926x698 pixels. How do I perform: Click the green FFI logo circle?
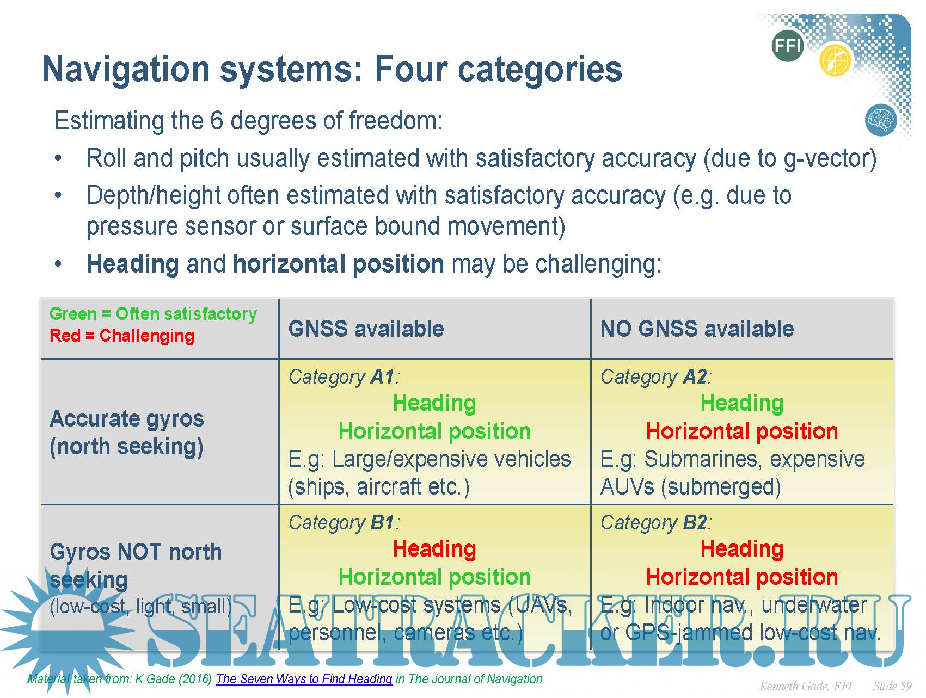787,46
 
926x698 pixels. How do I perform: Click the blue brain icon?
880,120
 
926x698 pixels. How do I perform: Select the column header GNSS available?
366,329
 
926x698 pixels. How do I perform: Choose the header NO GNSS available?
697,329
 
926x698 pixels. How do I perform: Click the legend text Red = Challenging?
122,336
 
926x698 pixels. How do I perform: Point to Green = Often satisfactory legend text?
153,314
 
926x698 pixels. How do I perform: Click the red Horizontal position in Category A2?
741,431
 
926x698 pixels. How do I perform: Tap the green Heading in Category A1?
434,403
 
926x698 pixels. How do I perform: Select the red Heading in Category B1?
434,548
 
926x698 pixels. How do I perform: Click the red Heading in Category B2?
741,548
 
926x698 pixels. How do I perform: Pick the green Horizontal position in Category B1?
434,577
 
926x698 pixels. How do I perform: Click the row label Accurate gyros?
127,419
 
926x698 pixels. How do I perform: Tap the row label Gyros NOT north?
136,552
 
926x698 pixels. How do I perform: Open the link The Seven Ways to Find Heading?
304,679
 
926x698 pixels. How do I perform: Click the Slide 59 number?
892,686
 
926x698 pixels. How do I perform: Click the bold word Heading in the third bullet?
133,264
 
